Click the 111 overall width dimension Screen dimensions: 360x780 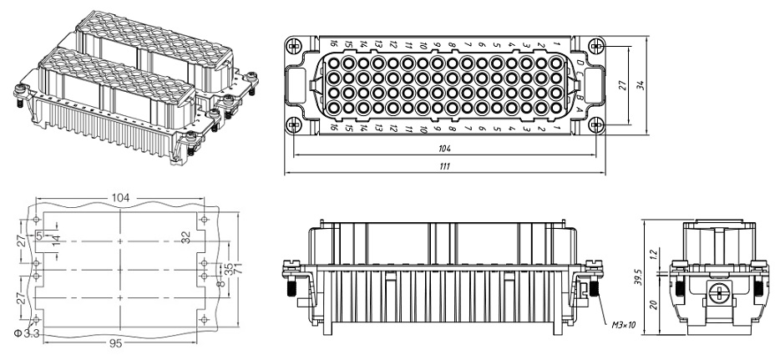445,167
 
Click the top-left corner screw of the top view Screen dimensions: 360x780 293,44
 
